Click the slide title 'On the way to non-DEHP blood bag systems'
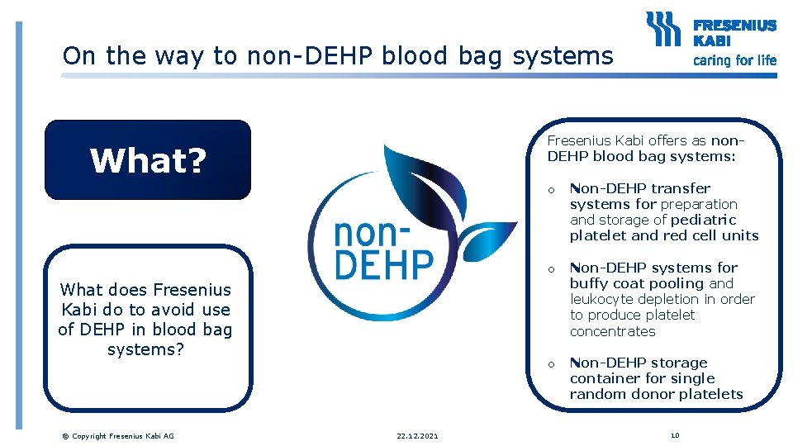[x=338, y=56]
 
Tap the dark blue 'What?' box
[x=147, y=160]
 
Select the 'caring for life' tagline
[x=734, y=60]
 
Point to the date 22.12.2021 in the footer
[x=418, y=435]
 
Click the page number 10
[x=675, y=434]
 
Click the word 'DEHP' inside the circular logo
[x=383, y=265]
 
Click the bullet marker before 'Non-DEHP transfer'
[x=551, y=191]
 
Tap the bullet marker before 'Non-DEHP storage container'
[x=551, y=364]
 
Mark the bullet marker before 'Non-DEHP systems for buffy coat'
[x=551, y=269]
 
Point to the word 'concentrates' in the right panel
[x=612, y=331]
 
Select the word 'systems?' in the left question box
[x=145, y=349]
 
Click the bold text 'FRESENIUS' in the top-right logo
[x=734, y=26]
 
